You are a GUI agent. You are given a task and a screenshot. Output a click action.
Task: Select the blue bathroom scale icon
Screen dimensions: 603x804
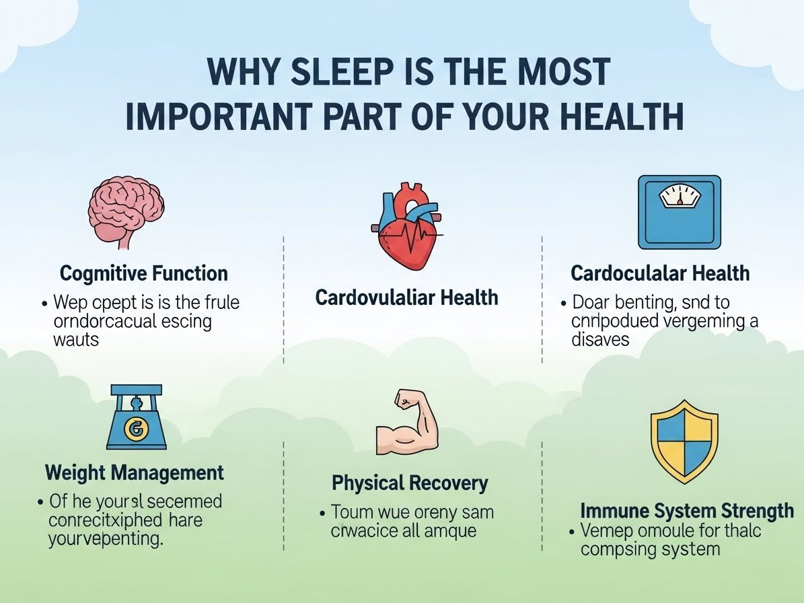click(x=679, y=212)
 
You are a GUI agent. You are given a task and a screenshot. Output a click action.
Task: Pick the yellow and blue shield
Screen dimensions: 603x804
click(x=684, y=441)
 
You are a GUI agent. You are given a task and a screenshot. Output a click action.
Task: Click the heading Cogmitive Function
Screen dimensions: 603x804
click(x=143, y=274)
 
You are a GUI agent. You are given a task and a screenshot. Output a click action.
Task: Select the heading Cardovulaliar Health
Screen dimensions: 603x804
click(x=406, y=297)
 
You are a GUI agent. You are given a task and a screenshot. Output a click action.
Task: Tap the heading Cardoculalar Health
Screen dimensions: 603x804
click(x=659, y=273)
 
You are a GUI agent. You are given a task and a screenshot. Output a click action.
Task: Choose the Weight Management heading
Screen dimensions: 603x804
click(x=135, y=472)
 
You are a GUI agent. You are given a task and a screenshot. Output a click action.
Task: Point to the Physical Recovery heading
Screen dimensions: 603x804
click(x=410, y=483)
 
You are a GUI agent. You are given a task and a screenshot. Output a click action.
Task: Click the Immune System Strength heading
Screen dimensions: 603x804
click(x=686, y=510)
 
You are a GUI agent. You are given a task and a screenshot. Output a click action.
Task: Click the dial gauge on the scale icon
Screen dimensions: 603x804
click(x=680, y=197)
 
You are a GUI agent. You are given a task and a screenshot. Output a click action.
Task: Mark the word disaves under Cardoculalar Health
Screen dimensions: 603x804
click(x=600, y=339)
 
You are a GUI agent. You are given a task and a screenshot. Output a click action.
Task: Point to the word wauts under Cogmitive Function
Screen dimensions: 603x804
click(x=75, y=339)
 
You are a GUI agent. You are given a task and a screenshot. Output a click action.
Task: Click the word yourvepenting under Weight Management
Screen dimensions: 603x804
click(x=106, y=539)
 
